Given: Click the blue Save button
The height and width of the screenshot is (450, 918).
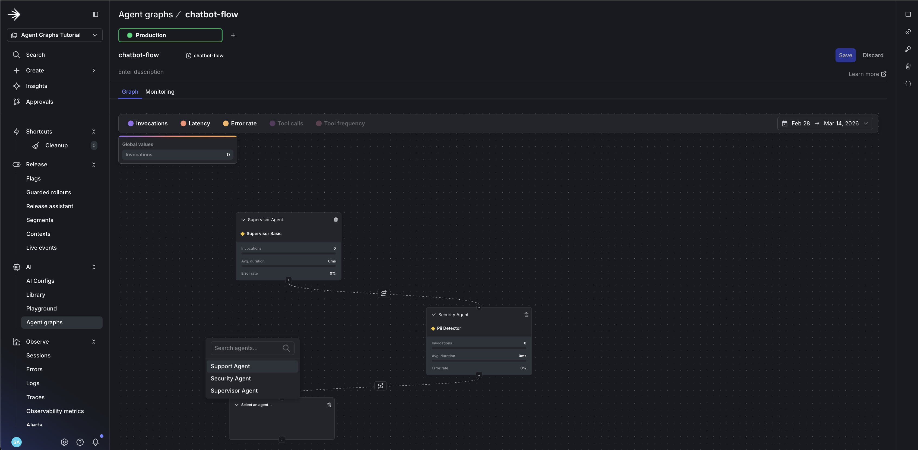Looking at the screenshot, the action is click(x=845, y=55).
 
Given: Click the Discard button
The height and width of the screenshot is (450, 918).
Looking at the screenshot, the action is click(x=873, y=55).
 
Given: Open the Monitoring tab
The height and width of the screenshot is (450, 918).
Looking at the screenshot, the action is click(x=160, y=91).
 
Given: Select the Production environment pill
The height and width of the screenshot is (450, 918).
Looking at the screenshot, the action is click(x=170, y=35).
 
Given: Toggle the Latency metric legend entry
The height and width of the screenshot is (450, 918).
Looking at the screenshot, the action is click(x=195, y=123).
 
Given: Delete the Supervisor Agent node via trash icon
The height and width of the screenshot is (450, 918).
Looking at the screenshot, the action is click(x=336, y=220).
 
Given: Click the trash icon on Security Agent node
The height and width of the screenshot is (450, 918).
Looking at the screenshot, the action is click(x=526, y=314).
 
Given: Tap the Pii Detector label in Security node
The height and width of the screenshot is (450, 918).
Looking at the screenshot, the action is click(x=449, y=328).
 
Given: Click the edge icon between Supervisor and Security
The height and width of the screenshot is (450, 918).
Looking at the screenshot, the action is click(x=384, y=293).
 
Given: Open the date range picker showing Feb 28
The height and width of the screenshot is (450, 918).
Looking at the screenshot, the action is click(x=825, y=123).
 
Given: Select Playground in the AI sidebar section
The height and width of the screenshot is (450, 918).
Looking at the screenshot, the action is click(x=41, y=309).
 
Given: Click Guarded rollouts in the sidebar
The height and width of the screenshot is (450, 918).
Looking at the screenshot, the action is click(x=49, y=192).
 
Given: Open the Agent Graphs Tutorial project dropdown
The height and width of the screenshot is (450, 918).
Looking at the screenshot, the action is click(x=55, y=35).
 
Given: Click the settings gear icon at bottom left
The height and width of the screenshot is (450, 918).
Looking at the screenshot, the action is click(x=64, y=442).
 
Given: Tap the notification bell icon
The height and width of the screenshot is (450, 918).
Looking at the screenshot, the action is click(x=96, y=442).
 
